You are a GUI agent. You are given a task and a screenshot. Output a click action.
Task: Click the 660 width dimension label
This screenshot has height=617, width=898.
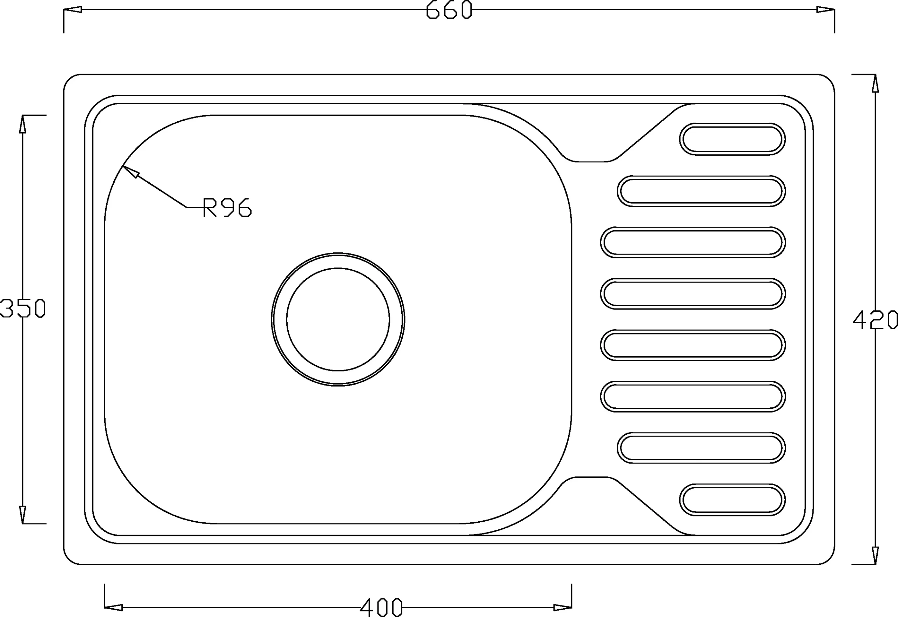(x=449, y=10)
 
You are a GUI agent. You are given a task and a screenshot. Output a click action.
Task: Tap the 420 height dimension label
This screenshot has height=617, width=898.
(x=875, y=320)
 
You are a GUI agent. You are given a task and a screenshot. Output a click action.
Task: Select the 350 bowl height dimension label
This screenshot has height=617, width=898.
(x=22, y=308)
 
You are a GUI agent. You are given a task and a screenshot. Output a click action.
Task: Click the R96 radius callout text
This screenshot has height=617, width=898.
(x=227, y=207)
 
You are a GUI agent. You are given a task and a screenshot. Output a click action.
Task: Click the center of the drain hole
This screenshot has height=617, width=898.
(x=338, y=319)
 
